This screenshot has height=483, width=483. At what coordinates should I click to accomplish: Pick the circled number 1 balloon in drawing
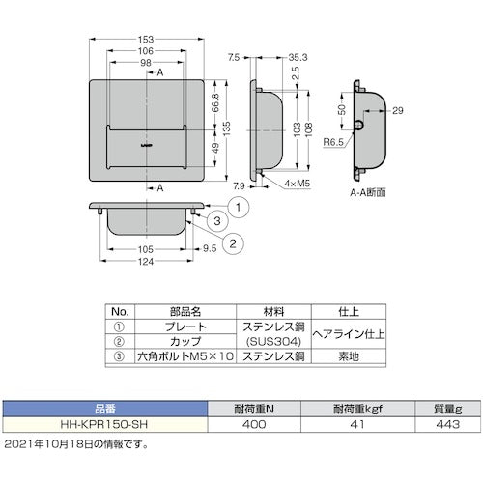[232, 203]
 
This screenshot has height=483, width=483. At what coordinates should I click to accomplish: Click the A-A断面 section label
[368, 192]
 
